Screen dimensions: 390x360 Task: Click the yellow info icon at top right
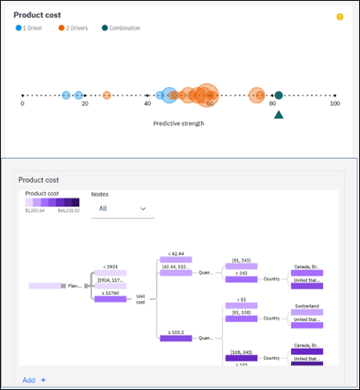click(x=340, y=17)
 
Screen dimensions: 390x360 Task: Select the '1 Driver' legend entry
click(x=33, y=28)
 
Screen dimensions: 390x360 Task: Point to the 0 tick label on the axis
click(x=23, y=104)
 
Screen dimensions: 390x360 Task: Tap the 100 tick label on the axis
click(x=335, y=104)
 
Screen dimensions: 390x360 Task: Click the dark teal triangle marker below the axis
click(x=278, y=113)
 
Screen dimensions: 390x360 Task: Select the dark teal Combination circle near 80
click(x=278, y=96)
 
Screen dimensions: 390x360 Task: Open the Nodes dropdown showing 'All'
click(x=123, y=208)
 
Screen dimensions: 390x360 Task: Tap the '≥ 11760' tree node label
click(x=109, y=293)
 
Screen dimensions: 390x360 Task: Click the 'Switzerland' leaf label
click(x=306, y=306)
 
